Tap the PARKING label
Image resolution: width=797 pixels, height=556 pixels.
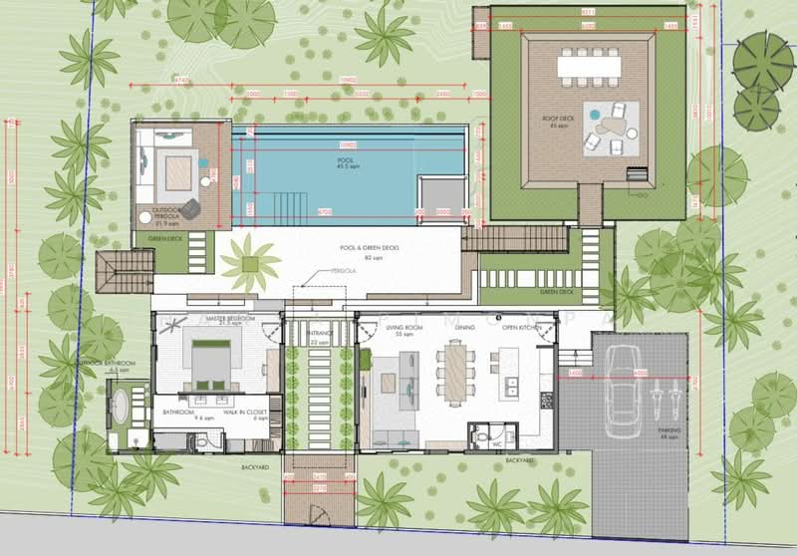[x=668, y=431]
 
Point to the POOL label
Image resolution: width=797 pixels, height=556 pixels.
[x=345, y=158]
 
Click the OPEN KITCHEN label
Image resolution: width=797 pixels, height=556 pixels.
[x=520, y=327]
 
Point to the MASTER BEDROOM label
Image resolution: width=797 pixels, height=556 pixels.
[x=231, y=319]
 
